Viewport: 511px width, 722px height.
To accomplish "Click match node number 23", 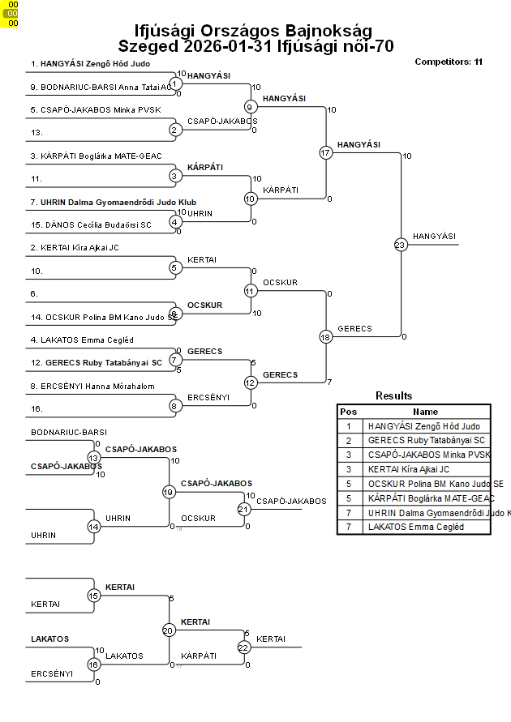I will point(400,244).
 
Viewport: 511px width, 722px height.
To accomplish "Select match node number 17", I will point(325,152).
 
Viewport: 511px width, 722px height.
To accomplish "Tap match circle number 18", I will point(325,336).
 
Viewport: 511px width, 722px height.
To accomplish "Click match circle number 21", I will point(244,509).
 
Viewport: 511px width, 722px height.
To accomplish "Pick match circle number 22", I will point(244,647).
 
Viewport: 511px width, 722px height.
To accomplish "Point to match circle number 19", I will point(169,492).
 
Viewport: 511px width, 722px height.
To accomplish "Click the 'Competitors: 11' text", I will point(449,62).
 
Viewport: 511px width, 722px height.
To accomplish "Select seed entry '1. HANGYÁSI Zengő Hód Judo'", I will point(90,63).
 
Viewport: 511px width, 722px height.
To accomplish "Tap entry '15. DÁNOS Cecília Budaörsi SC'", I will point(91,224).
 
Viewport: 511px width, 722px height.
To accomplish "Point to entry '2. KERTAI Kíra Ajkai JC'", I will point(75,248).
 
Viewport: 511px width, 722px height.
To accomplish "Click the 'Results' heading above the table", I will point(394,396).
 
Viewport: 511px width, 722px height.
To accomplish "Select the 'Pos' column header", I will point(349,412).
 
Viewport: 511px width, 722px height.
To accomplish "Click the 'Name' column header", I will point(426,412).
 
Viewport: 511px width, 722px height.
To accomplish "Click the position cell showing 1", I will point(349,426).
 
